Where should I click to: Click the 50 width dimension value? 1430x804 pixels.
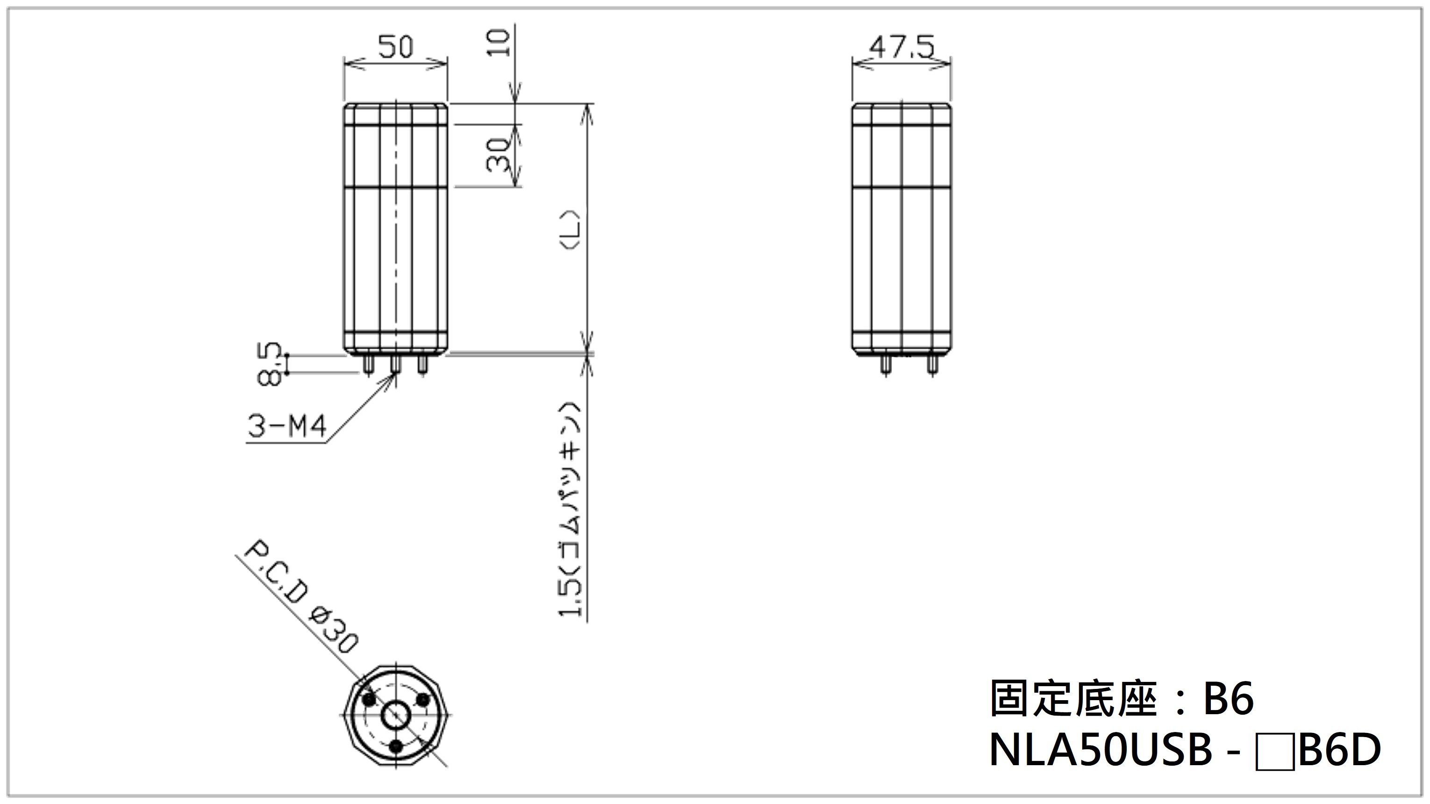pos(396,47)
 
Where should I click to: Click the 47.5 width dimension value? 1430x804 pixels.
pos(901,47)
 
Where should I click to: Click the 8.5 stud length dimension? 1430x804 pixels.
pos(269,364)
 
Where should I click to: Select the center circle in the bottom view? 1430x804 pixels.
pos(396,714)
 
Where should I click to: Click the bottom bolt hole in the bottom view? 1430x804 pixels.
pos(396,746)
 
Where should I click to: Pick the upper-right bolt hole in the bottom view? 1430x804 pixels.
pos(423,700)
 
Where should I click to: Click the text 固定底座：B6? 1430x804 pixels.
pos(1122,698)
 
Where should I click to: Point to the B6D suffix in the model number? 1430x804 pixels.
pos(1339,751)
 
